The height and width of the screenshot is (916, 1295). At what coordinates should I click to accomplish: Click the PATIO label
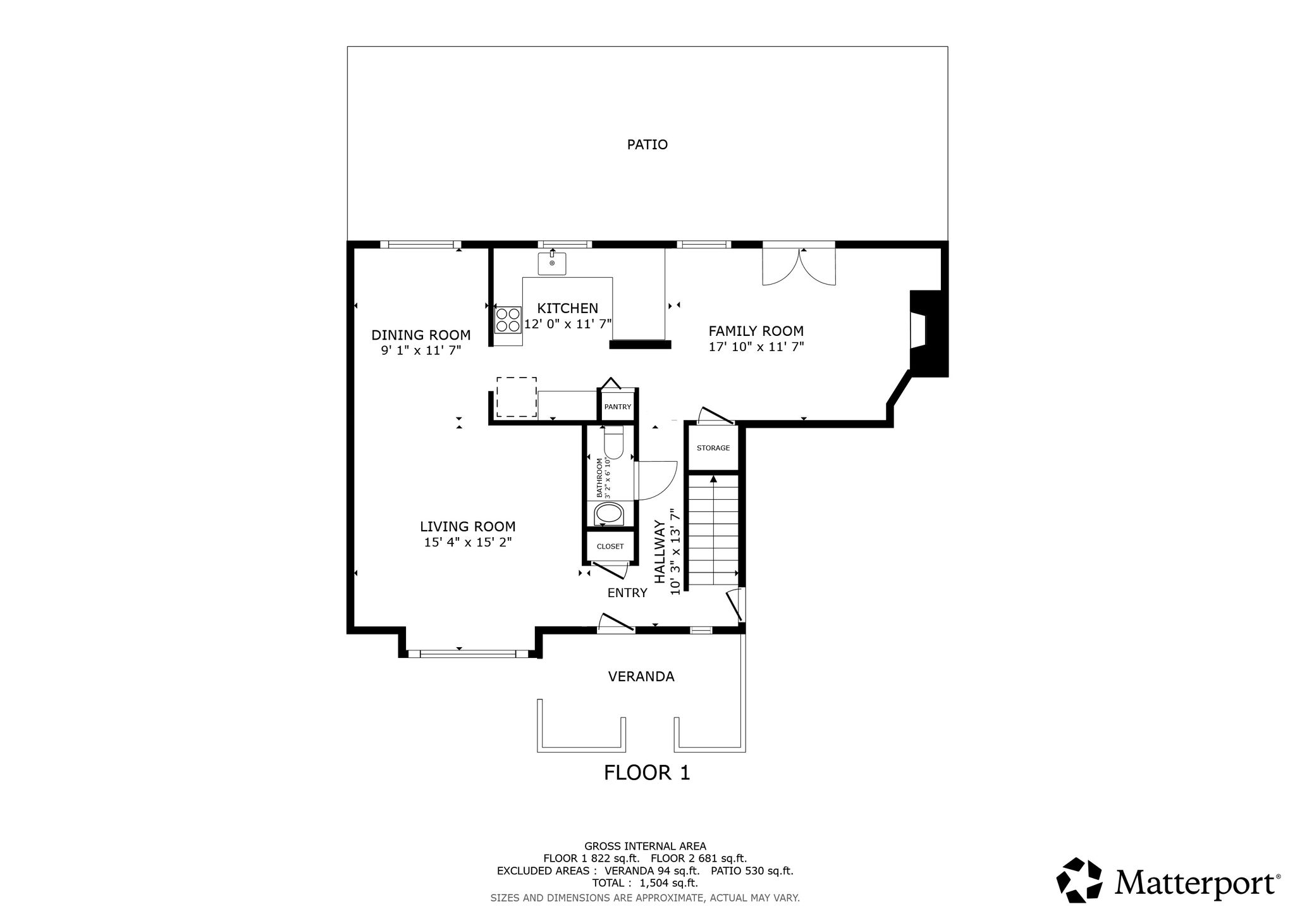647,145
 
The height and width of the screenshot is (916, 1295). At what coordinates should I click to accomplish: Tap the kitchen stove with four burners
508,319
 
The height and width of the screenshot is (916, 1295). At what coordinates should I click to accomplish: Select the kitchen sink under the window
552,263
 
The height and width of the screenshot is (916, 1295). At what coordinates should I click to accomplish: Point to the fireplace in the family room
928,333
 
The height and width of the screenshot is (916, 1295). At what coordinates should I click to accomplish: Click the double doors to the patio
799,264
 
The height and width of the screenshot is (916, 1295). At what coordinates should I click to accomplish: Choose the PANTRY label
617,407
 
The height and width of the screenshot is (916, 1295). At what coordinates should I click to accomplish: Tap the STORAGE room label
713,448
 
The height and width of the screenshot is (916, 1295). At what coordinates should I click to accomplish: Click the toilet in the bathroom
614,442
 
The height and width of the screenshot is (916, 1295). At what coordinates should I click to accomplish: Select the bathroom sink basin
610,514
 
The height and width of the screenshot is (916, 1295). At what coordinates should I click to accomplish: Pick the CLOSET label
610,547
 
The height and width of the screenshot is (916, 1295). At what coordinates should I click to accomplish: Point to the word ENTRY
627,593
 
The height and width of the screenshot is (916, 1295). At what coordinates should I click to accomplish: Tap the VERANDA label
641,677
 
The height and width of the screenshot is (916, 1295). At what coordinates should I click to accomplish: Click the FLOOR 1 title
647,772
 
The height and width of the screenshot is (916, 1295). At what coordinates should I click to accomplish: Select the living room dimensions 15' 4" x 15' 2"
468,542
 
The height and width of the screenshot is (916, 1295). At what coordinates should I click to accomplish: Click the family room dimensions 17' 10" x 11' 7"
756,347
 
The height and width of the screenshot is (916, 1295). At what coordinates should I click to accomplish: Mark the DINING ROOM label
421,335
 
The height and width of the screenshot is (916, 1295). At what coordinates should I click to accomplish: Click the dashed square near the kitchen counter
517,397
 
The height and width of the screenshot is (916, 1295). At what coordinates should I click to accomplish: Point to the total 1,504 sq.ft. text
645,883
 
